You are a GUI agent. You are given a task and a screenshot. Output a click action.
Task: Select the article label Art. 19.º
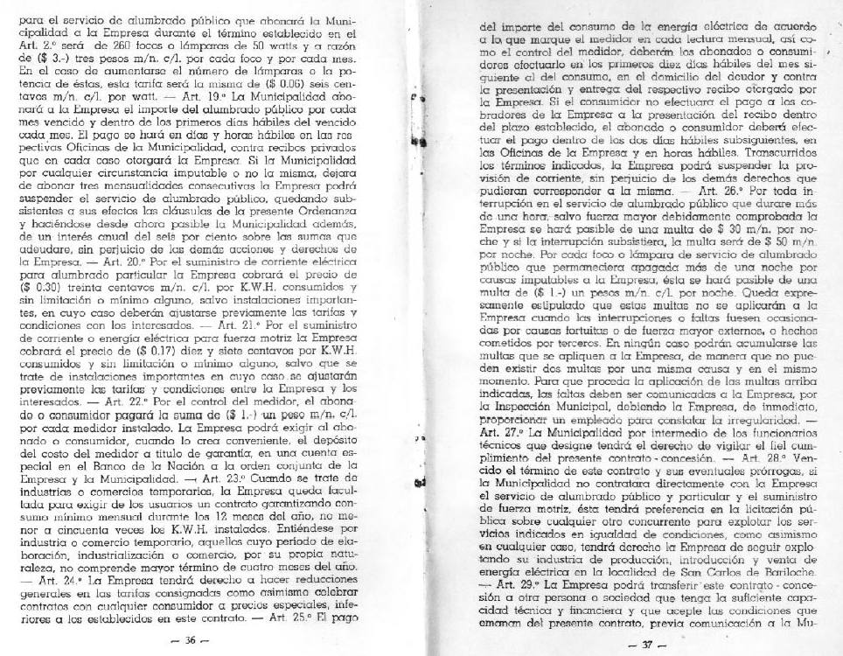pyautogui.click(x=261, y=94)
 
